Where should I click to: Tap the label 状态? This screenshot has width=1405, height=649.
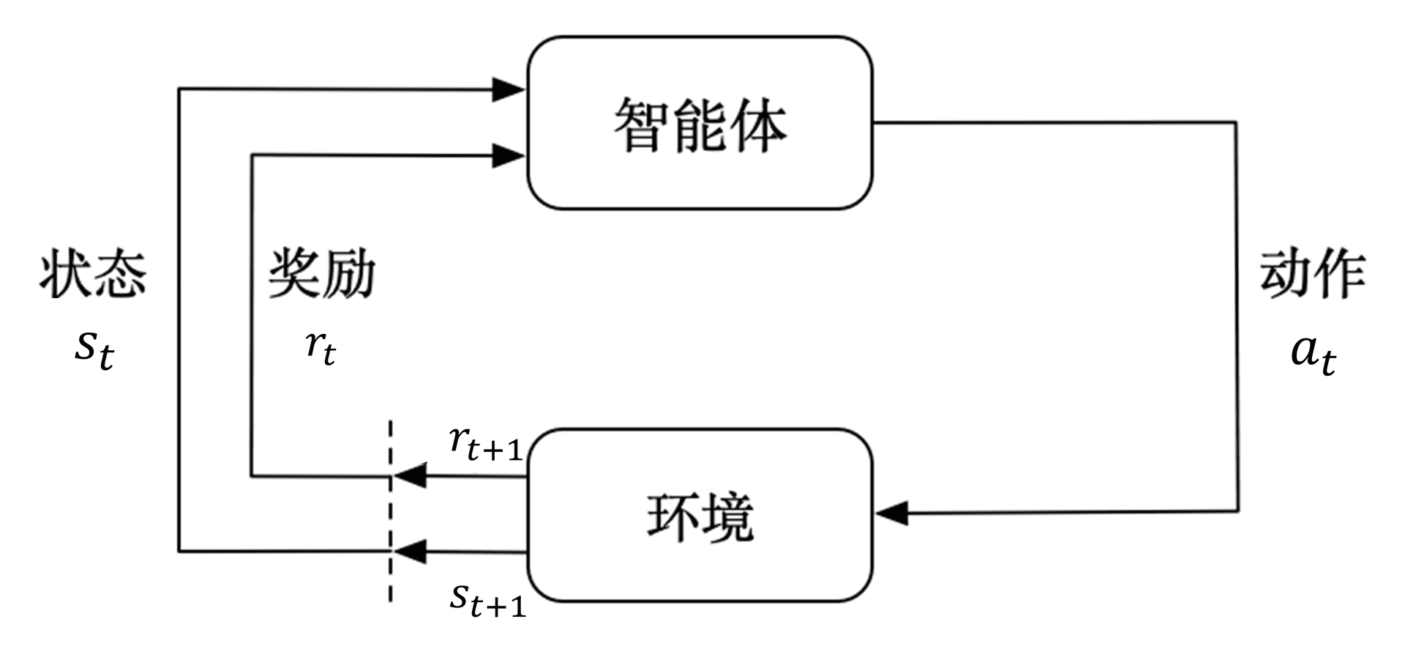(x=93, y=275)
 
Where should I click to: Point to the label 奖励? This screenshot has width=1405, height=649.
(x=321, y=275)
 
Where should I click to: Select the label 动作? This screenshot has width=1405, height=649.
(x=1312, y=275)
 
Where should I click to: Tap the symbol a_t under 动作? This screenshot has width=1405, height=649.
(x=1313, y=354)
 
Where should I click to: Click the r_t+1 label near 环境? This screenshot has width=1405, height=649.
(x=485, y=444)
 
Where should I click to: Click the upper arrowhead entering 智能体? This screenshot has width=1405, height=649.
(x=508, y=89)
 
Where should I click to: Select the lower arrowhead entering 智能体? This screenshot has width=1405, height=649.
(x=508, y=155)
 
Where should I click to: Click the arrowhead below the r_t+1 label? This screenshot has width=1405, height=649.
(x=411, y=476)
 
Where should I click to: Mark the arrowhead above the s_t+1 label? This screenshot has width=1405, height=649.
(x=411, y=551)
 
